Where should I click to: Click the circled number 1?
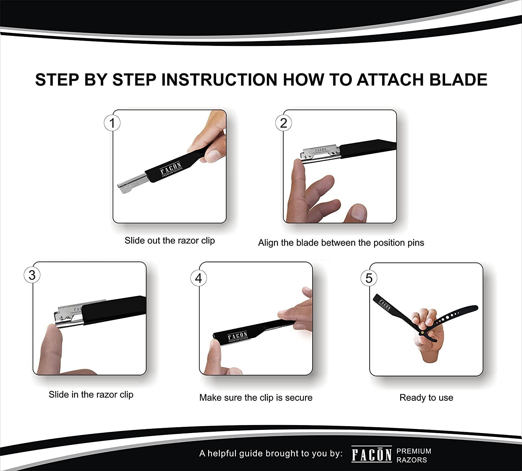pyautogui.click(x=112, y=123)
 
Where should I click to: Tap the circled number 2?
pyautogui.click(x=283, y=123)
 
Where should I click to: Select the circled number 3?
pyautogui.click(x=32, y=275)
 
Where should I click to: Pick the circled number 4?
pyautogui.click(x=199, y=278)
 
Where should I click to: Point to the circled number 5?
pyautogui.click(x=369, y=278)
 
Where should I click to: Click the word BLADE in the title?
pyautogui.click(x=458, y=80)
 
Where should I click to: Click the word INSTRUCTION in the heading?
pyautogui.click(x=219, y=80)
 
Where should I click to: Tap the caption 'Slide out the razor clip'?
pyautogui.click(x=170, y=240)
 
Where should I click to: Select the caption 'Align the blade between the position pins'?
pyautogui.click(x=341, y=243)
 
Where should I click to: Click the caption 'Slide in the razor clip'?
pyautogui.click(x=91, y=394)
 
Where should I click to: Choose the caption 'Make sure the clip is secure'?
pyautogui.click(x=256, y=398)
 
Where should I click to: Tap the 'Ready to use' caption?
pyautogui.click(x=426, y=398)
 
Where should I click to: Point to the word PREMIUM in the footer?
pyautogui.click(x=414, y=451)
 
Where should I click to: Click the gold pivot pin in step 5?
pyautogui.click(x=422, y=332)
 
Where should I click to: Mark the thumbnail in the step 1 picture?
pyautogui.click(x=214, y=155)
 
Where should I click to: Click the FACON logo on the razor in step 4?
pyautogui.click(x=238, y=337)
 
